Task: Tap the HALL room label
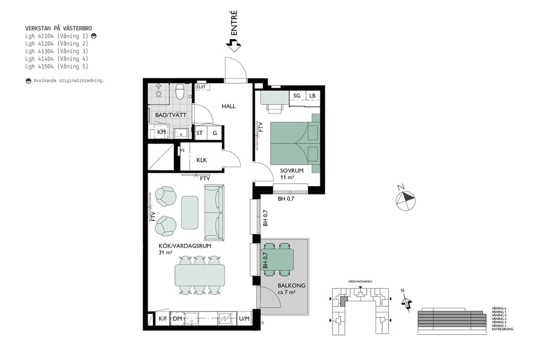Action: [x=229, y=106]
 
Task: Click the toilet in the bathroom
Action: [x=179, y=91]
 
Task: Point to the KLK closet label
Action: [x=202, y=160]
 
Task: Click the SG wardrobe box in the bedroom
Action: [x=297, y=95]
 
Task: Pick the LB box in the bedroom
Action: [x=312, y=95]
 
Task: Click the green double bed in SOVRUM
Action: [x=294, y=143]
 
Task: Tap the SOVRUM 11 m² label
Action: [x=292, y=174]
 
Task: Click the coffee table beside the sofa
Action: [x=190, y=212]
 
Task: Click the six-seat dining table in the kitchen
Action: [x=199, y=275]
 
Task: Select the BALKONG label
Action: [x=291, y=286]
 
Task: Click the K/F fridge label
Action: [x=162, y=319]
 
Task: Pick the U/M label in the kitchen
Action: [x=244, y=319]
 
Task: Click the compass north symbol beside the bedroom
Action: [x=406, y=198]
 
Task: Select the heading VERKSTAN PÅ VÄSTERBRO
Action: [x=58, y=28]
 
